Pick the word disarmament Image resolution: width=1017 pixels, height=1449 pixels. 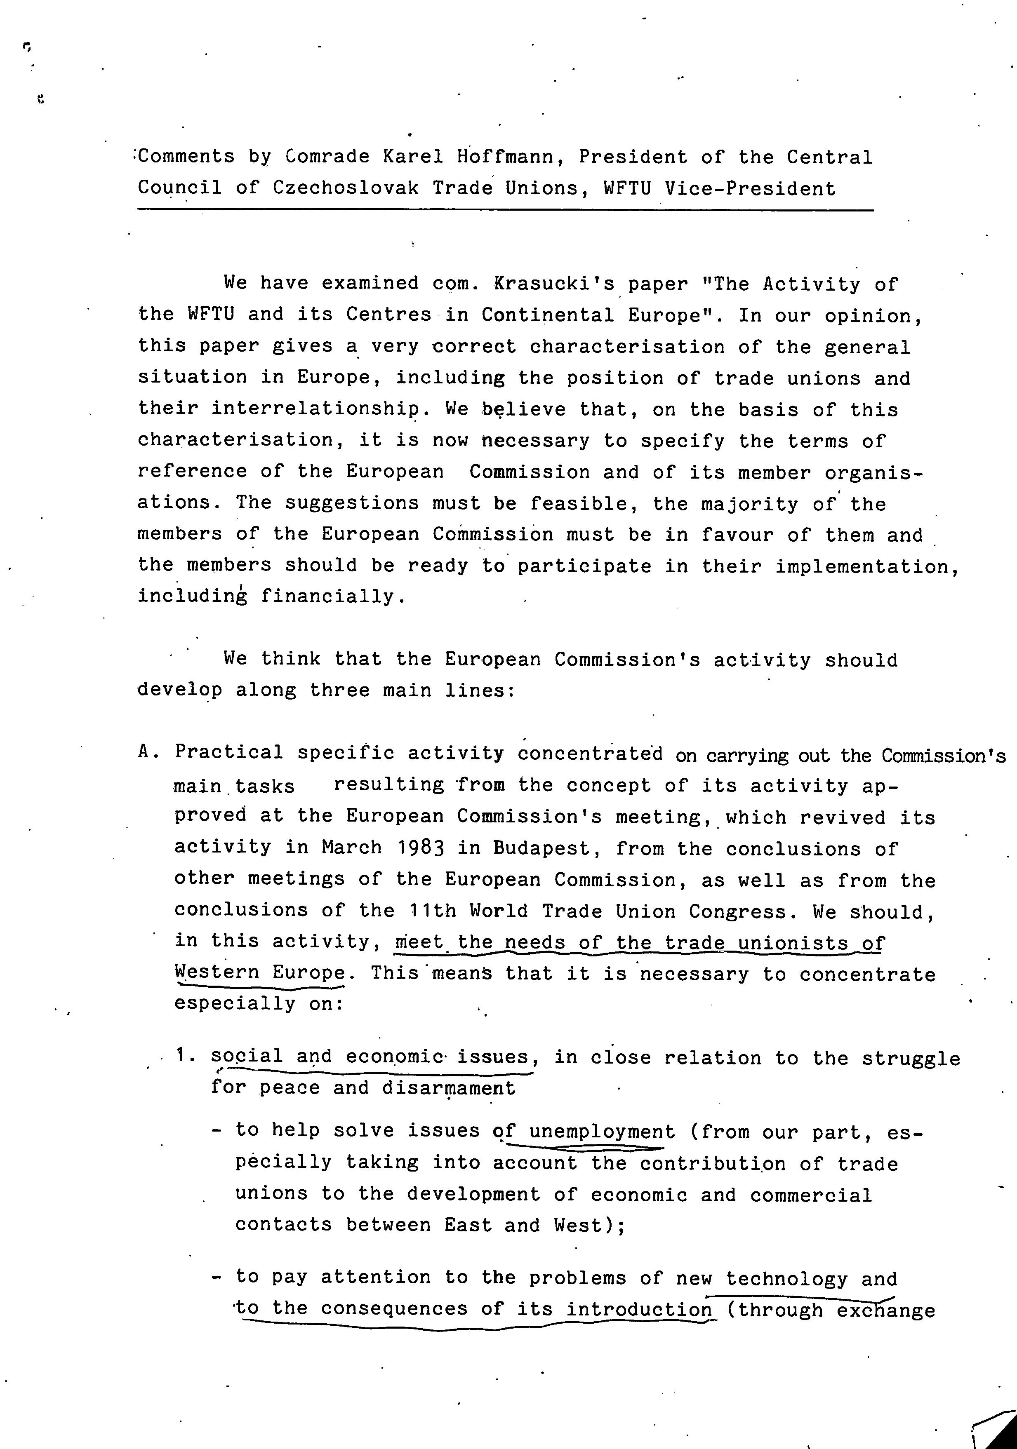[x=448, y=1088]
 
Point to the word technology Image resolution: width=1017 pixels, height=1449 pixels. [x=786, y=1278]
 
